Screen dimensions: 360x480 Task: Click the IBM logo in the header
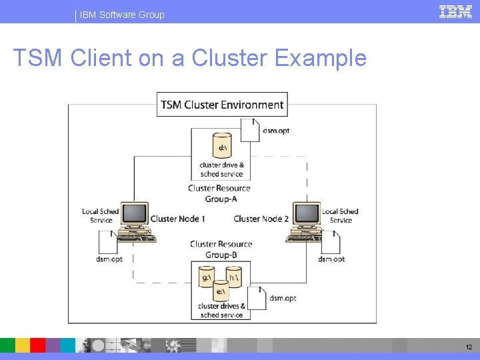coord(455,11)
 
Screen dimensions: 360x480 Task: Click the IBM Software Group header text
coord(122,15)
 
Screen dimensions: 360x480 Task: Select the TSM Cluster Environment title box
coord(222,105)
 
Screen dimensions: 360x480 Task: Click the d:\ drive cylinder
coord(222,145)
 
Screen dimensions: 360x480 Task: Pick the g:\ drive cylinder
coord(207,276)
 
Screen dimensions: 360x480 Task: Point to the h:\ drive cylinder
coord(234,276)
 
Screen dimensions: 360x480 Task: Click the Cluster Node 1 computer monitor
coord(135,215)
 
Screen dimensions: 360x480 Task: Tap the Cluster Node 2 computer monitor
coord(307,215)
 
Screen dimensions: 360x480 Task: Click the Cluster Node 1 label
coord(177,219)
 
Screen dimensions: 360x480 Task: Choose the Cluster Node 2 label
coord(261,219)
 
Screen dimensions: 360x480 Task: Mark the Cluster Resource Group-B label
coord(221,249)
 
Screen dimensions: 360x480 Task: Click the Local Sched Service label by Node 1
coord(100,216)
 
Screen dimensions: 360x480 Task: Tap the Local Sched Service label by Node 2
coord(340,216)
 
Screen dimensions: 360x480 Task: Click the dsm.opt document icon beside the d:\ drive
coord(250,131)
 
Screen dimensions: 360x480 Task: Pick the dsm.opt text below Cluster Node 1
coord(109,259)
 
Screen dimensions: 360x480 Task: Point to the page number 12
coord(468,347)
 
